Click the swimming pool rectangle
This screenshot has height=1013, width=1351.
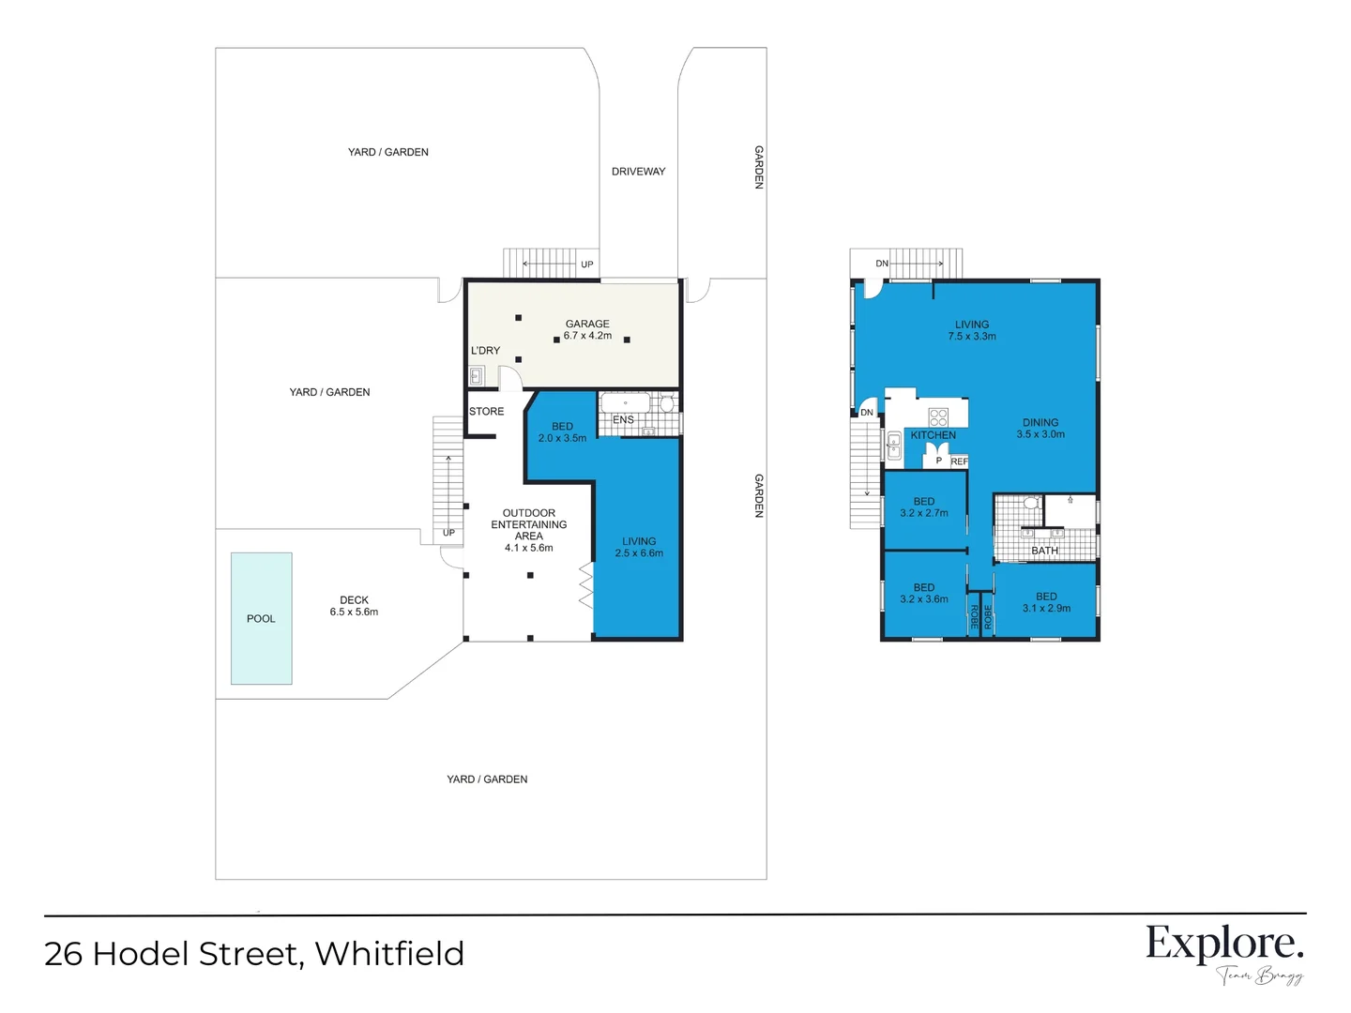tap(261, 618)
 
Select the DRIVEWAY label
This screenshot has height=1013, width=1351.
tap(638, 172)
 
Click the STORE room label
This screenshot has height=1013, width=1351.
tap(486, 412)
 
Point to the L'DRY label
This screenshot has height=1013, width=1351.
tap(485, 351)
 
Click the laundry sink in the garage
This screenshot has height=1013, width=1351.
tap(477, 376)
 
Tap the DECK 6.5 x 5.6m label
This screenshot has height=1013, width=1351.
tap(354, 606)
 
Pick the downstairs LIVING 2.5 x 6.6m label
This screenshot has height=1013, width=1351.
tap(639, 547)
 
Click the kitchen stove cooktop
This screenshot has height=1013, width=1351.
tap(938, 416)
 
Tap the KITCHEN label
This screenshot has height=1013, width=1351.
tap(933, 435)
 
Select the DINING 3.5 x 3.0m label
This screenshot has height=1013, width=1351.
tap(1040, 429)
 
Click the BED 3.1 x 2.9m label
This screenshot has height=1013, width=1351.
tap(1046, 602)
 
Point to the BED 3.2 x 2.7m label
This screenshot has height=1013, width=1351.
tap(924, 507)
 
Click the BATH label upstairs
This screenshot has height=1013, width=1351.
tap(1044, 551)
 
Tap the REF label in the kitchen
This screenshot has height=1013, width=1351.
tap(959, 461)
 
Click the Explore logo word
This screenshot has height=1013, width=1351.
tap(1223, 944)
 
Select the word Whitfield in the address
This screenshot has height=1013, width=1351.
tap(389, 954)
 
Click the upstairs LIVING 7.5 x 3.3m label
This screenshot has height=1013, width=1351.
tap(972, 330)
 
